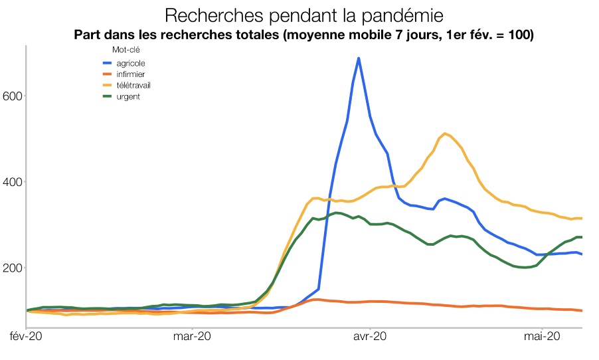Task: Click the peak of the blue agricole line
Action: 359,58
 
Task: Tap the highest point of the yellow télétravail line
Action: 444,134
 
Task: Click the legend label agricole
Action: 130,63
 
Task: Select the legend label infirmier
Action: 130,74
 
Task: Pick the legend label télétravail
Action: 133,86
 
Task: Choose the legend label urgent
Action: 128,97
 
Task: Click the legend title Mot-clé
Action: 125,49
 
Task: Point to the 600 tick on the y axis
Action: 14,96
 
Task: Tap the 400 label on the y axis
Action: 14,181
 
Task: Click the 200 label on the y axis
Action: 14,267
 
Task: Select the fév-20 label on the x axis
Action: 25,337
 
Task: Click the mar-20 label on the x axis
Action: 192,337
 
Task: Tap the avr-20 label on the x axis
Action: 369,337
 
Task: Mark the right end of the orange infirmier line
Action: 582,310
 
